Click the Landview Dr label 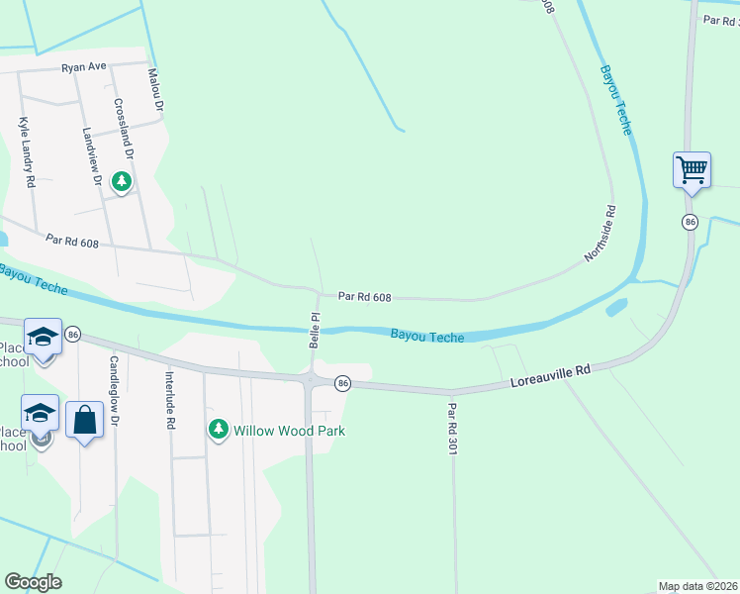pos(93,157)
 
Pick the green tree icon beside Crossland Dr pos(122,182)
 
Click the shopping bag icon pos(85,420)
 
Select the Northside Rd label pos(601,234)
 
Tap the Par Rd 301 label pos(452,425)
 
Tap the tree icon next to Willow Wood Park pos(218,430)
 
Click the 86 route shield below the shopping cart pos(690,222)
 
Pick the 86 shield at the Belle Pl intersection pos(342,382)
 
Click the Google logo pos(33,582)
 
